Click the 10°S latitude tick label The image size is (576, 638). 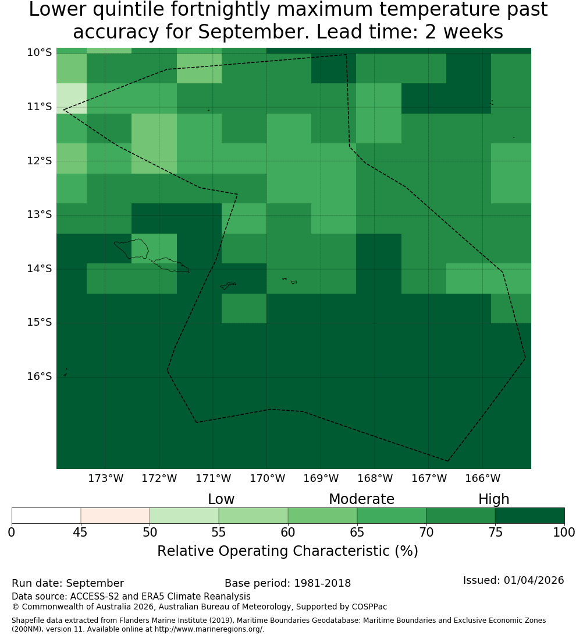(40, 52)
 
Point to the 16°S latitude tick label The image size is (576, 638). (40, 376)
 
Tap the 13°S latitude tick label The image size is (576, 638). (40, 214)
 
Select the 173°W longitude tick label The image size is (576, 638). (106, 478)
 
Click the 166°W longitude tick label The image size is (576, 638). (482, 478)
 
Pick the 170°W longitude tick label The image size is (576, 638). (267, 478)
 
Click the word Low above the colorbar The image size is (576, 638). (221, 499)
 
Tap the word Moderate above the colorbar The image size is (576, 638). (361, 499)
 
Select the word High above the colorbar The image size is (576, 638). (493, 499)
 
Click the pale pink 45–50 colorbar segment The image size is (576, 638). (115, 516)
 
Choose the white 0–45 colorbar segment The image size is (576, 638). (47, 516)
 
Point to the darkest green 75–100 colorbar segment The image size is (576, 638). (529, 516)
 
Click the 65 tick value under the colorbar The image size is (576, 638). (357, 532)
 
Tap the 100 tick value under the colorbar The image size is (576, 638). (564, 532)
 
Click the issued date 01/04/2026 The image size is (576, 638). (534, 580)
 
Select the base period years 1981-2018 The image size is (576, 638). (322, 583)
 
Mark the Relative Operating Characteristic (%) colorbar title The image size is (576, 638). (287, 551)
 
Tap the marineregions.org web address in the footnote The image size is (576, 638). (209, 629)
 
